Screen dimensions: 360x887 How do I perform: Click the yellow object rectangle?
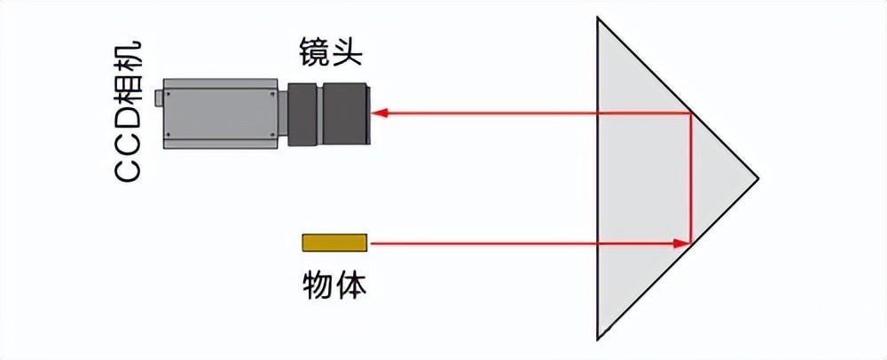click(x=334, y=242)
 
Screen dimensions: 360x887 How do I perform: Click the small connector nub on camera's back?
click(x=158, y=96)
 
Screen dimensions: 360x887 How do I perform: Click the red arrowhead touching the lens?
click(x=377, y=113)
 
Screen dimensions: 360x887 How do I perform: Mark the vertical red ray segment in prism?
click(x=690, y=177)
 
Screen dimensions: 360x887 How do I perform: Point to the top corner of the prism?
click(x=600, y=19)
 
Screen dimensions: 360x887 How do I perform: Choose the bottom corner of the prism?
click(x=600, y=339)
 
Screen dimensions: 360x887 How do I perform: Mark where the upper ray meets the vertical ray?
click(x=690, y=113)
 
